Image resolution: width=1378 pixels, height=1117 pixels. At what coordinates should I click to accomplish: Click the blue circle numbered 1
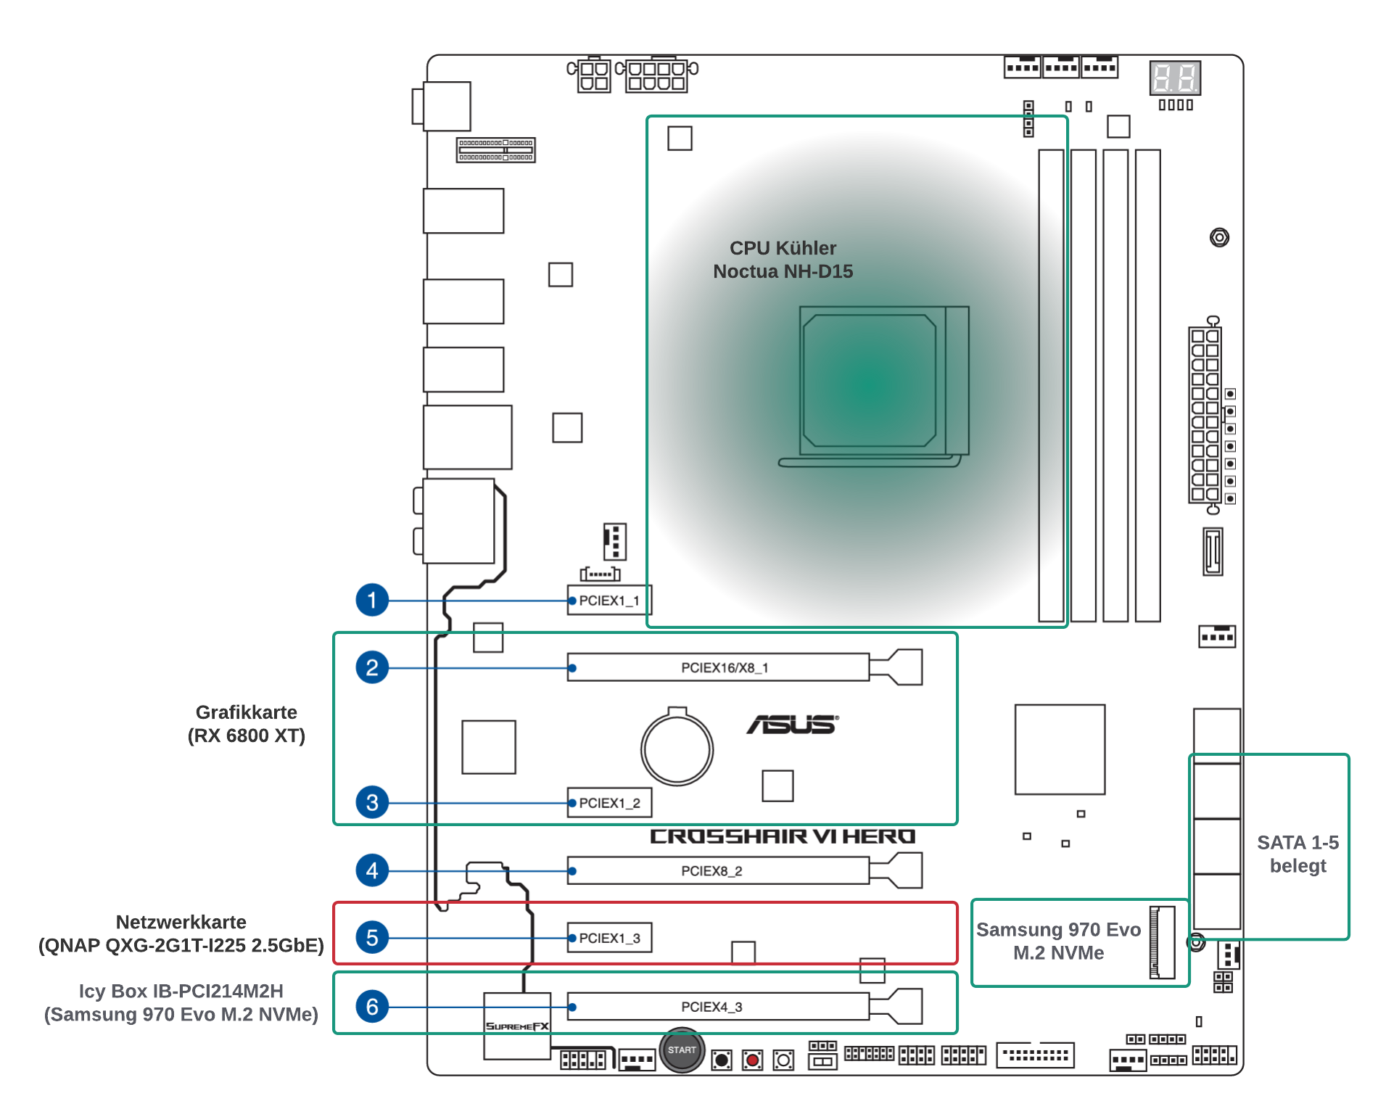tap(372, 600)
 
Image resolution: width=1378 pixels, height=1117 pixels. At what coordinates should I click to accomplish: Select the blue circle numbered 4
tap(372, 870)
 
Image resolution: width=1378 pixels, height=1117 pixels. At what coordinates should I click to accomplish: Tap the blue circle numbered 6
tap(372, 1007)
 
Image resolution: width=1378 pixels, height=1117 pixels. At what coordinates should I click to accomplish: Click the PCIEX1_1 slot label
tap(609, 601)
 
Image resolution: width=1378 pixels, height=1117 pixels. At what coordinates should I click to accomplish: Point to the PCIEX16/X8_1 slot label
tap(725, 667)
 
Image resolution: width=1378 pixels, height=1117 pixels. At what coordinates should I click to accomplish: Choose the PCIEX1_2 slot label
tap(609, 803)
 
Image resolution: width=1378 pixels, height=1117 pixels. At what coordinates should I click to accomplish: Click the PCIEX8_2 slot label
tap(711, 871)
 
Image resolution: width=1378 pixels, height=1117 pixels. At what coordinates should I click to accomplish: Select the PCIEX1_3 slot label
tap(609, 938)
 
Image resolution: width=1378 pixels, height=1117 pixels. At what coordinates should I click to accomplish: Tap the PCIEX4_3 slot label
tap(711, 1007)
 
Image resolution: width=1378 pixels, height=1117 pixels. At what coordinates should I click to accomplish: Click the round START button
tap(682, 1050)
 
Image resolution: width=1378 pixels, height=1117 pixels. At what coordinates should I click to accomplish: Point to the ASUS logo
tap(793, 724)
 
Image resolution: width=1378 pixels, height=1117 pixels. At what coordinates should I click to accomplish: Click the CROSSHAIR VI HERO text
tap(783, 836)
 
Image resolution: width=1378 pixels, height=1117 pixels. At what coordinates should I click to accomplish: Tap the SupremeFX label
tap(517, 1026)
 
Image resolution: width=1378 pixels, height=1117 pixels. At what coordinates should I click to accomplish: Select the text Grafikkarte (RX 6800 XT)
tap(247, 724)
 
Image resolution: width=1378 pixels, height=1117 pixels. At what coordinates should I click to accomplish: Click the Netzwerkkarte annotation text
tap(181, 933)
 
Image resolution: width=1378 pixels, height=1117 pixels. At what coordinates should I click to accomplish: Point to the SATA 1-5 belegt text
tap(1297, 854)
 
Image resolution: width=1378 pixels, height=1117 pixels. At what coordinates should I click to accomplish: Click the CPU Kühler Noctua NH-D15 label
tap(783, 260)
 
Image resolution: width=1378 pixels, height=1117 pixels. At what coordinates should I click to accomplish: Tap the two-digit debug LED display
tap(1175, 78)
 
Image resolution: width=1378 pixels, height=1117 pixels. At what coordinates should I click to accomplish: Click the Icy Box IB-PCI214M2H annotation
tap(181, 1002)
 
